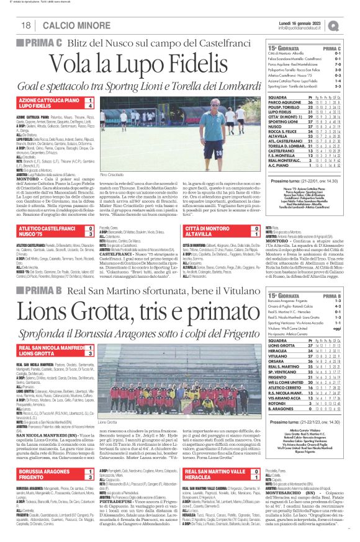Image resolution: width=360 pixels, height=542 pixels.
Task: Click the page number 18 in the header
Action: coord(27,25)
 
